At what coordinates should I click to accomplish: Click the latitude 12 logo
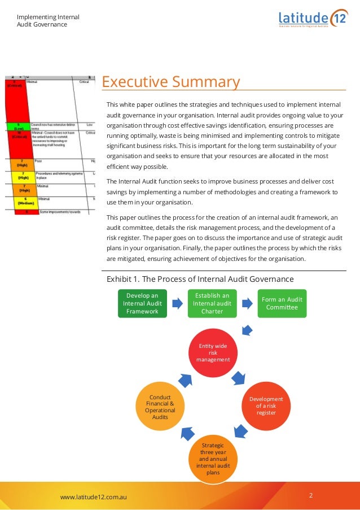[x=313, y=18]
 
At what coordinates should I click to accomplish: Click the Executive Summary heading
[x=171, y=82]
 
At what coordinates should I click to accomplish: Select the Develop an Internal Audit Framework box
[x=142, y=303]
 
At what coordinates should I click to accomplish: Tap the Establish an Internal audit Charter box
[x=212, y=303]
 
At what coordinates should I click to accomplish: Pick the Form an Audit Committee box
[x=283, y=303]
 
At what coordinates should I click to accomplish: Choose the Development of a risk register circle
[x=266, y=406]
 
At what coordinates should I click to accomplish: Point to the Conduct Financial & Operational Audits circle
[x=160, y=406]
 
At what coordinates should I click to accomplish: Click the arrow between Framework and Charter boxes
[x=177, y=303]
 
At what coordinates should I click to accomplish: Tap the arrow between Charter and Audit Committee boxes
[x=247, y=303]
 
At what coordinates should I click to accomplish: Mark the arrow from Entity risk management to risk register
[x=239, y=377]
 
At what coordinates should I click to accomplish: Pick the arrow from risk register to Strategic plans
[x=241, y=432]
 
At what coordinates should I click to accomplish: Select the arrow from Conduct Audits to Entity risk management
[x=185, y=378]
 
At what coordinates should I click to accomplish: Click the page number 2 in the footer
[x=311, y=496]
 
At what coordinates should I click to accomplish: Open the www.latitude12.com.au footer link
[x=93, y=497]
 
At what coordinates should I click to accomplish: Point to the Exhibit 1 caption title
[x=200, y=279]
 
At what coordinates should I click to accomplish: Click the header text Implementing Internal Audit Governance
[x=48, y=20]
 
